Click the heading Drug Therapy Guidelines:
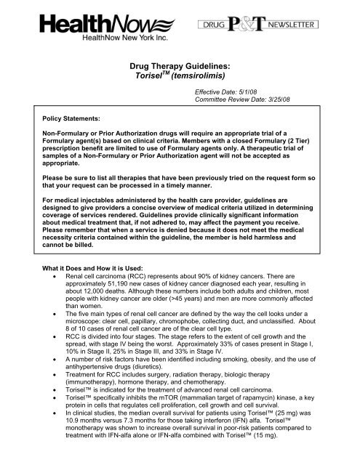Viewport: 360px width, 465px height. tap(180, 66)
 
